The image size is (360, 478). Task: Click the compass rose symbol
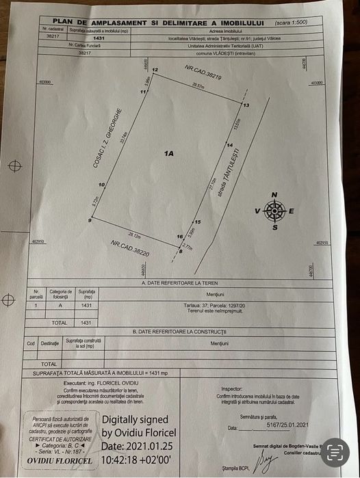[x=274, y=211]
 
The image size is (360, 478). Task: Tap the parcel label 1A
[x=168, y=154]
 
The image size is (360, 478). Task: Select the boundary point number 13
[x=246, y=104]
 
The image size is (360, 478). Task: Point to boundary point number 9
[x=90, y=220]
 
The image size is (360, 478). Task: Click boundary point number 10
[x=101, y=185]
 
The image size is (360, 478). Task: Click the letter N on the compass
[x=274, y=195]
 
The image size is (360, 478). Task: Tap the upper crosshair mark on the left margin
[x=16, y=165]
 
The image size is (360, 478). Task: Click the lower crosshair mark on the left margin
[x=9, y=299]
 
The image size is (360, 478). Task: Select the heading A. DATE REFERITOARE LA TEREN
[x=182, y=282]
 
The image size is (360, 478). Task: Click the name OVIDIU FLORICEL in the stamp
[x=57, y=460]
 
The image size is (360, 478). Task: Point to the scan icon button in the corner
[x=334, y=451]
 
